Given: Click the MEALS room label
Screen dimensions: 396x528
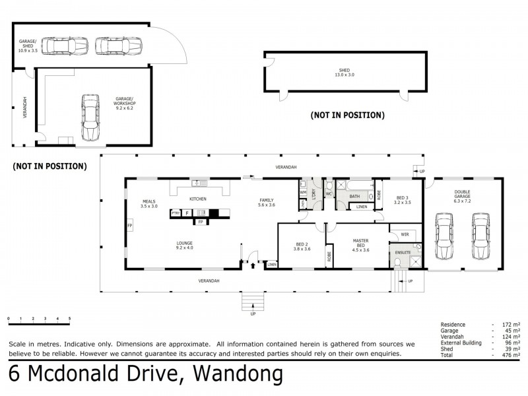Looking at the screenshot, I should pyautogui.click(x=149, y=203).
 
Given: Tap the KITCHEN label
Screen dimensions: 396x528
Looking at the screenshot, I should pyautogui.click(x=198, y=199).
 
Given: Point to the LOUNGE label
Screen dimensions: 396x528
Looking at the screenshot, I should pyautogui.click(x=184, y=246).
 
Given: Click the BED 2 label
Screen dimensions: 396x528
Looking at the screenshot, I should pyautogui.click(x=301, y=246).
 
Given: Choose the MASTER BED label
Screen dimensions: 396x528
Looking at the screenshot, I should pyautogui.click(x=361, y=246).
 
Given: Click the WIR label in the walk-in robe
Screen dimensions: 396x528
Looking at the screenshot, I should pyautogui.click(x=404, y=234).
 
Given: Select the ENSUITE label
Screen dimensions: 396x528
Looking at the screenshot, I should pyautogui.click(x=403, y=252).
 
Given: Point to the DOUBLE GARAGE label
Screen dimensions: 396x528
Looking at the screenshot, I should pyautogui.click(x=461, y=195).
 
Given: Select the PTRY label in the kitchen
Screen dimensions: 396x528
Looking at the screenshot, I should pyautogui.click(x=176, y=213).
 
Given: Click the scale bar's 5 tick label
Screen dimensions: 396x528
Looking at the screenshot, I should pyautogui.click(x=69, y=319).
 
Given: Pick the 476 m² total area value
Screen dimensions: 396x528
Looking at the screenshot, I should pyautogui.click(x=510, y=355).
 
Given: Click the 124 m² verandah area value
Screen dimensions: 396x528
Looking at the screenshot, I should pyautogui.click(x=510, y=337).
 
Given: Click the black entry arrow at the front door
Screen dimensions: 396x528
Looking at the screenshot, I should pyautogui.click(x=253, y=265).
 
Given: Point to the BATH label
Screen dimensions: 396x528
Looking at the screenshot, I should pyautogui.click(x=354, y=196).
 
